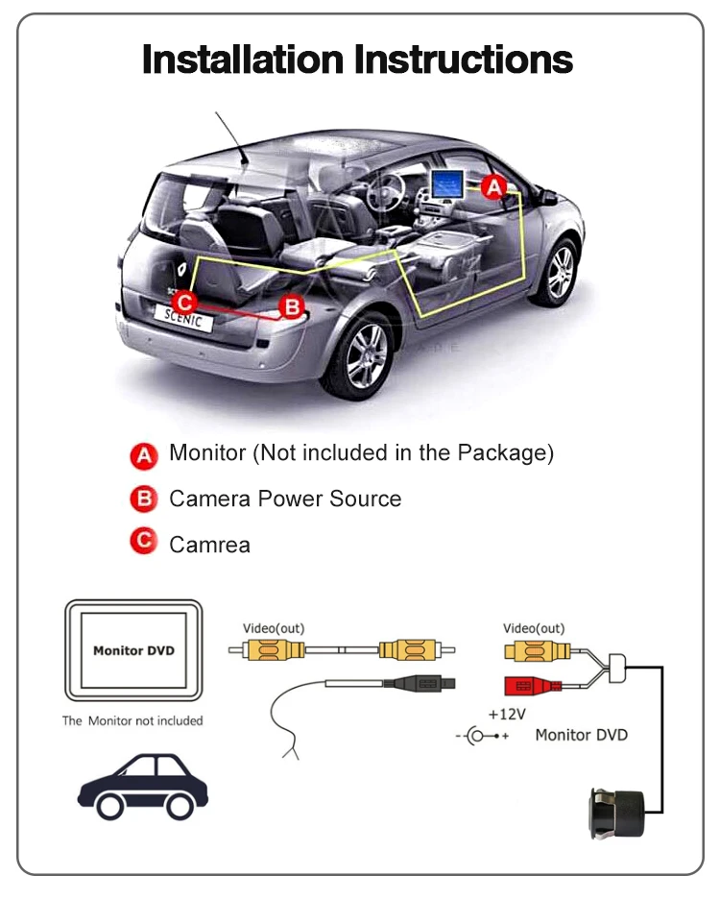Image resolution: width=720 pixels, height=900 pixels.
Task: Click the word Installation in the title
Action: tap(244, 61)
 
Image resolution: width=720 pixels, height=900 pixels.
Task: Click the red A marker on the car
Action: tap(493, 188)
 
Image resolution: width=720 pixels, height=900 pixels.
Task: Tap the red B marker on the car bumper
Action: tap(292, 307)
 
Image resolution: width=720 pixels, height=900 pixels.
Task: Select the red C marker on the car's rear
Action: tap(188, 300)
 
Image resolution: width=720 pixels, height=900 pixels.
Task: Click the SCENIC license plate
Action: tap(183, 319)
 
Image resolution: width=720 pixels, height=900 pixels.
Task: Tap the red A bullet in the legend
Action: tap(143, 455)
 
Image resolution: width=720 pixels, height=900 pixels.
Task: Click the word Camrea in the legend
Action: tap(209, 545)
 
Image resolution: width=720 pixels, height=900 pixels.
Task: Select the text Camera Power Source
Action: tap(284, 499)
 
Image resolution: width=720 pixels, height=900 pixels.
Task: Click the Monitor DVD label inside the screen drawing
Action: tap(133, 650)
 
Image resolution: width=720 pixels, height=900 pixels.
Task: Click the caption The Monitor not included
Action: tap(132, 720)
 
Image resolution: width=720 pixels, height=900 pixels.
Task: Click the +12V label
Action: tap(505, 715)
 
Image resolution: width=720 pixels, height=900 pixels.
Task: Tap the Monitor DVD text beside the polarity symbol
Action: tap(581, 735)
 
